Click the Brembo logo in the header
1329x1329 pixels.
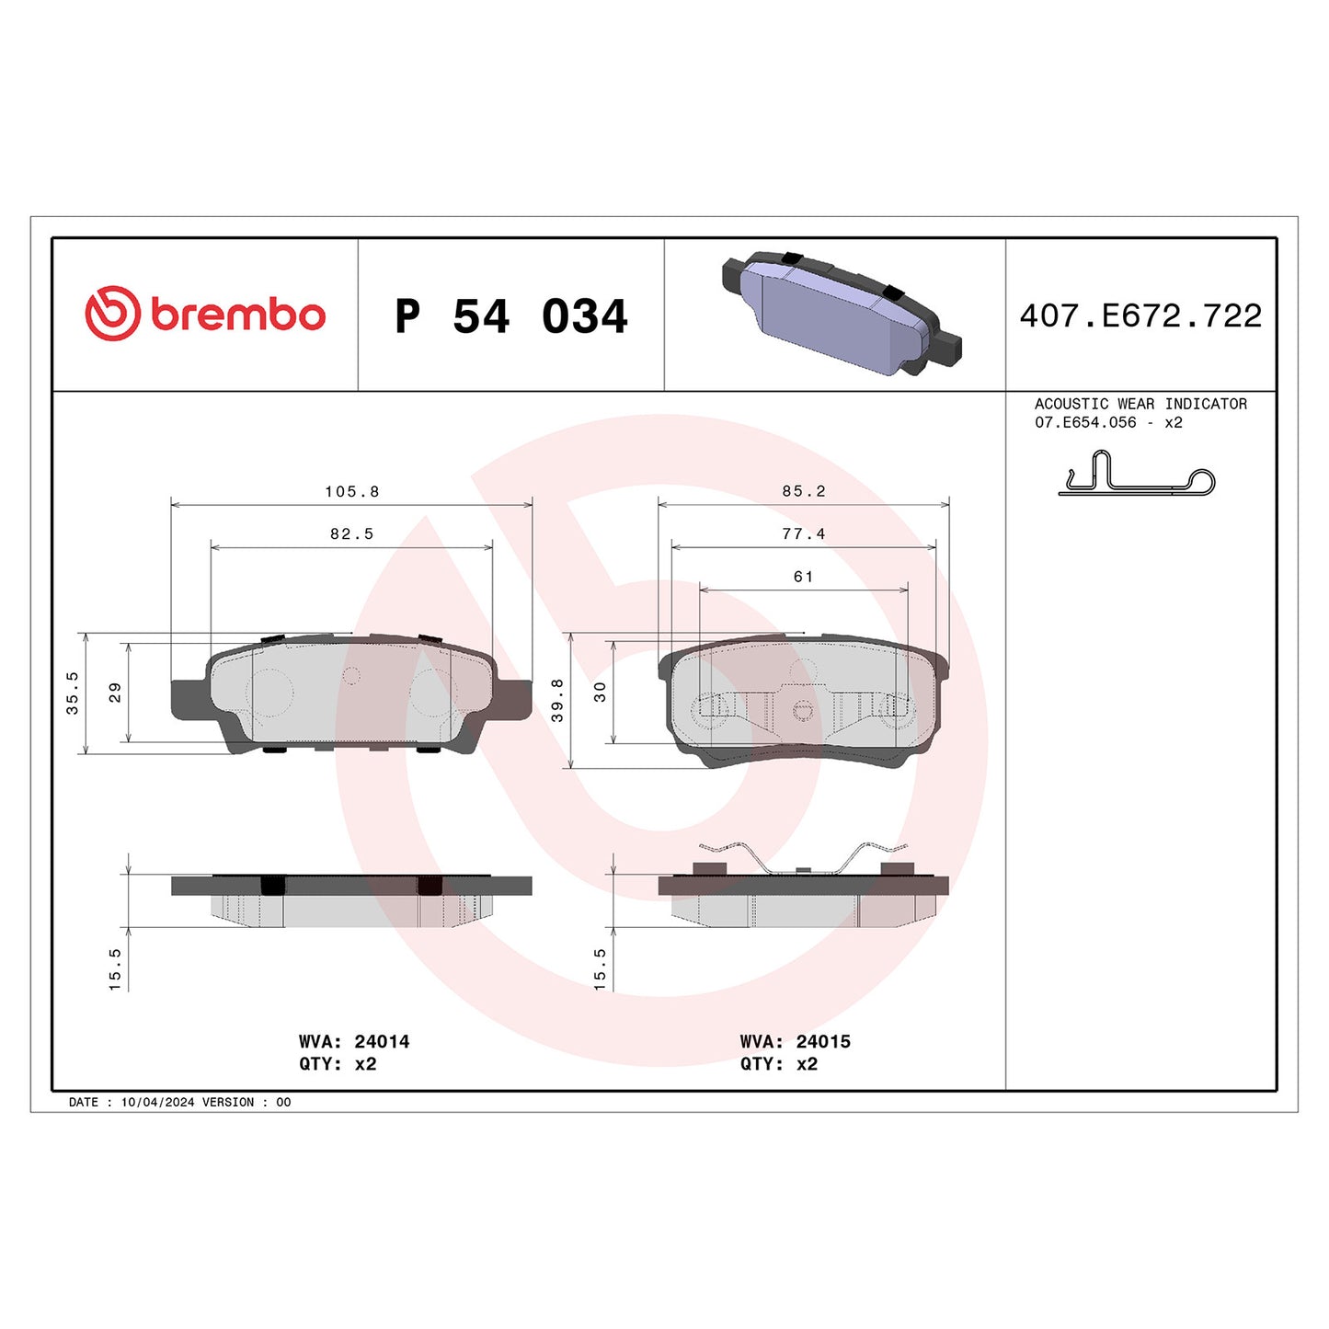click(x=205, y=314)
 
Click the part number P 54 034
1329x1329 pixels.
click(x=511, y=316)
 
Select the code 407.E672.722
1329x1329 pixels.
click(x=1140, y=315)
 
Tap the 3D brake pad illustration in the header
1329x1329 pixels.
click(x=841, y=314)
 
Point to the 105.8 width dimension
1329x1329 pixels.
click(x=351, y=492)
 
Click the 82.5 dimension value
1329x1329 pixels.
click(x=351, y=533)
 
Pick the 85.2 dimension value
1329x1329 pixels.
click(x=804, y=491)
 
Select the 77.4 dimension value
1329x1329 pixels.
click(x=804, y=533)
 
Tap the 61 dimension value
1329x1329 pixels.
click(x=804, y=577)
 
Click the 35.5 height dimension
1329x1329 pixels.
click(x=73, y=693)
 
